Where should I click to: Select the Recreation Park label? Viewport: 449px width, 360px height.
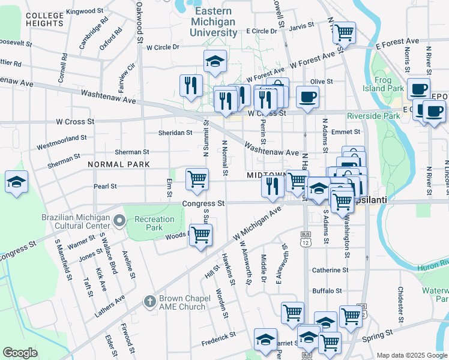148,223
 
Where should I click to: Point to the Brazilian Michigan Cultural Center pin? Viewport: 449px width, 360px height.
119,221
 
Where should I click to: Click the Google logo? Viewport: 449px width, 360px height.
20,352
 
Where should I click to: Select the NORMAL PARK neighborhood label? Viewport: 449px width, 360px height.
118,164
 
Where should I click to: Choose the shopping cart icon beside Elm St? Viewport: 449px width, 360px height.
197,179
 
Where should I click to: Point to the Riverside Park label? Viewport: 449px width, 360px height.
373,116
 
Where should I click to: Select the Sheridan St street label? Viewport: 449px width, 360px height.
175,132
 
